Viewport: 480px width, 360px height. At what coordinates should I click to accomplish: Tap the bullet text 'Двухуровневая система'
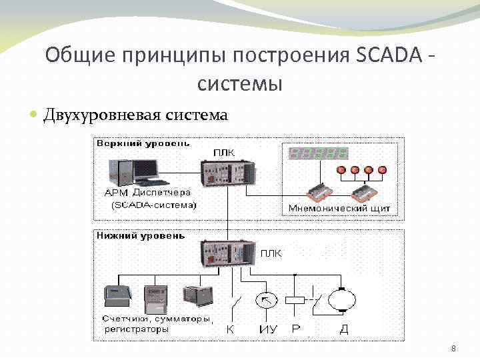tap(135, 115)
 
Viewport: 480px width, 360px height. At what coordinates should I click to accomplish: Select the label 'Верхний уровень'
tap(143, 143)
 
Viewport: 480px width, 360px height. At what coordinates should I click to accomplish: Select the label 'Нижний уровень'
tap(141, 235)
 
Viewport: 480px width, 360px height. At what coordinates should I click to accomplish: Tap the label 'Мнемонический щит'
tap(339, 209)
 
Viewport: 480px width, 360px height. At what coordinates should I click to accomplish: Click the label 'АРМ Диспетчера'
tap(147, 193)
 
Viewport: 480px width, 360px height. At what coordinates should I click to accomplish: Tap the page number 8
tap(453, 349)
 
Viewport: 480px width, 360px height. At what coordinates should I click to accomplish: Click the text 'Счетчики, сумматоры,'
tap(157, 319)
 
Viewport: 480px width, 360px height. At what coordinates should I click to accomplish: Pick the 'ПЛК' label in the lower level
tap(271, 253)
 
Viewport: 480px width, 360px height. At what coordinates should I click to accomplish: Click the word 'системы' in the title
tap(240, 85)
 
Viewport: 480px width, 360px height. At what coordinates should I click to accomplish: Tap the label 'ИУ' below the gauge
tap(266, 329)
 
